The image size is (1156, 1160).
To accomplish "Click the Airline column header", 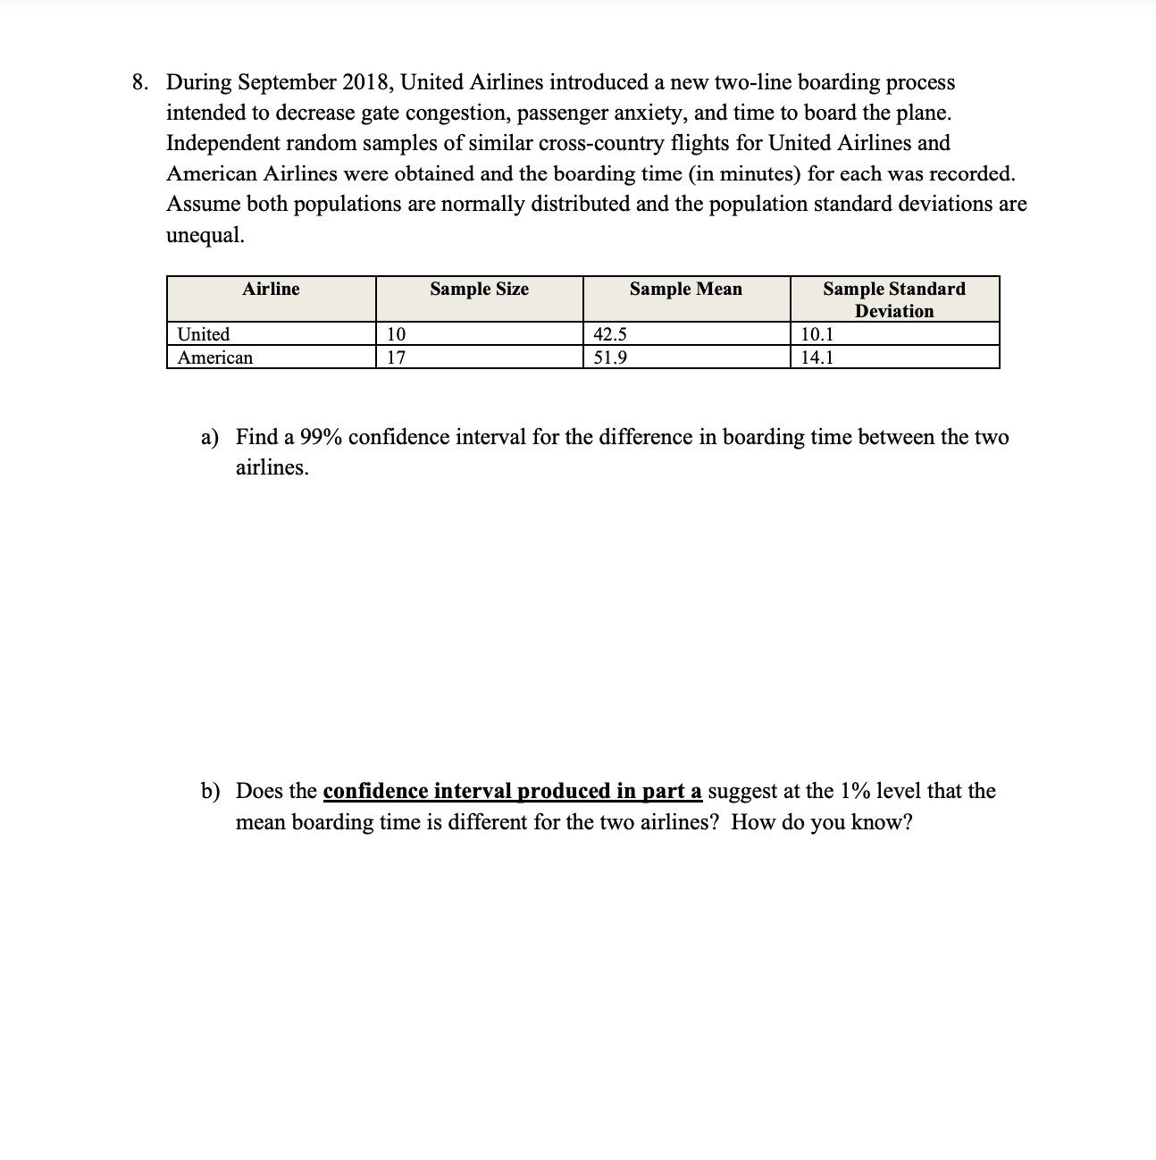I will tap(271, 289).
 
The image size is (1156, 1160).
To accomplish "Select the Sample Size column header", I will tap(479, 289).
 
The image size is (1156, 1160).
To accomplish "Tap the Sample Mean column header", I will tap(685, 289).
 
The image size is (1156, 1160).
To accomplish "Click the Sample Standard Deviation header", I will tap(893, 299).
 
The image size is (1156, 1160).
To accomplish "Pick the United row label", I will tap(204, 334).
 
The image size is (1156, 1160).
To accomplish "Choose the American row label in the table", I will tap(215, 357).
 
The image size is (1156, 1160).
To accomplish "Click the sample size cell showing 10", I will tap(396, 334).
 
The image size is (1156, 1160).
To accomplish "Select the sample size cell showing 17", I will tap(396, 357).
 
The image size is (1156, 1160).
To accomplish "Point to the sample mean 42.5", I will tap(610, 334).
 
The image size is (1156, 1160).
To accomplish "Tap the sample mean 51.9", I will tap(610, 357).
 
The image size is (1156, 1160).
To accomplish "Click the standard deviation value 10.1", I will tap(817, 334).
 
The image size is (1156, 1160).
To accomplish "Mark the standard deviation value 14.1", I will tap(817, 357).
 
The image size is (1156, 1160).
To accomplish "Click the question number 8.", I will tap(139, 82).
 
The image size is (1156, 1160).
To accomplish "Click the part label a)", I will tap(210, 437).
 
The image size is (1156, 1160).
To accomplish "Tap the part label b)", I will tap(210, 791).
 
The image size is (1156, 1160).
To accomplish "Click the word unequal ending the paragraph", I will tap(205, 234).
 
